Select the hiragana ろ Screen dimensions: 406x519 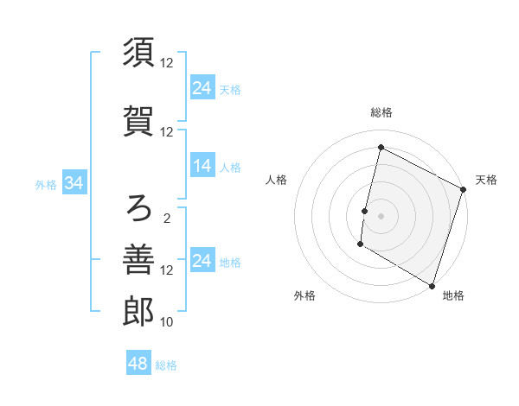[x=138, y=208]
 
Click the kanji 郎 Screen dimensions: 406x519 [x=138, y=312]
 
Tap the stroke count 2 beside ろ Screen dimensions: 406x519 [x=167, y=219]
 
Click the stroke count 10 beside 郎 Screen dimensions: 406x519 [x=167, y=322]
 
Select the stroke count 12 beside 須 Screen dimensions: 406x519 [x=167, y=63]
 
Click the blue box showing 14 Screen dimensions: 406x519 [x=202, y=167]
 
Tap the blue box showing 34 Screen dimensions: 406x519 [x=74, y=184]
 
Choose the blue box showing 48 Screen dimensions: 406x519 [x=138, y=364]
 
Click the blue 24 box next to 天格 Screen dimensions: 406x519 [x=202, y=88]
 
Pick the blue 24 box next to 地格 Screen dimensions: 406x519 [x=202, y=262]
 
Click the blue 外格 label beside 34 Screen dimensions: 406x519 [x=46, y=185]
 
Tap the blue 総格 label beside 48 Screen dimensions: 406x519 [x=166, y=365]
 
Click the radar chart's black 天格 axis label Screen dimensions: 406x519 [x=486, y=180]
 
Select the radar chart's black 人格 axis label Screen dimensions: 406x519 [x=276, y=180]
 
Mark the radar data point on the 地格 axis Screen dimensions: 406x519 [x=432, y=285]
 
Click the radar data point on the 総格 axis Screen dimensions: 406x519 [x=381, y=147]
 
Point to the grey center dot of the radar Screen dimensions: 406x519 [x=381, y=215]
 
